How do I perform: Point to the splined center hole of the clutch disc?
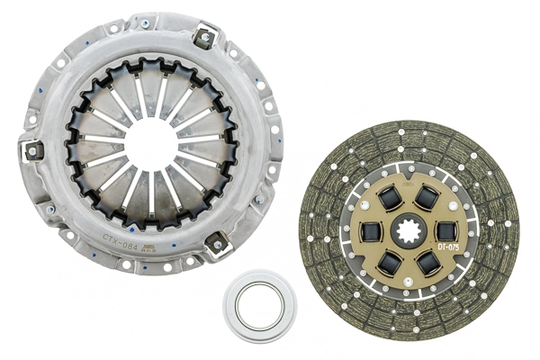(x=409, y=230)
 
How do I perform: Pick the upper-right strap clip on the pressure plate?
(x=207, y=38)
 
